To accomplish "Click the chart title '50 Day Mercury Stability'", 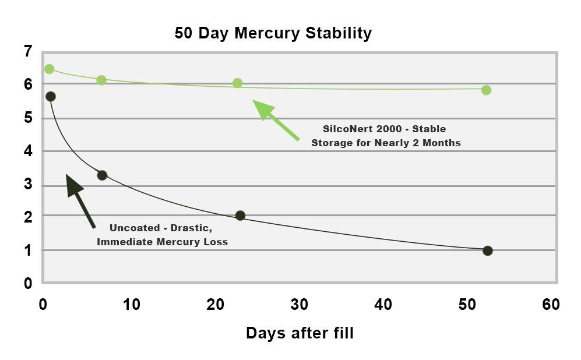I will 273,33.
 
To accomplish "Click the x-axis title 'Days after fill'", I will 300,333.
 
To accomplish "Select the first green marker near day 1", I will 50,69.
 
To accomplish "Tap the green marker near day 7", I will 101,80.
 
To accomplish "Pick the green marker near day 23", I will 237,83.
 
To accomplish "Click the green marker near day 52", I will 486,90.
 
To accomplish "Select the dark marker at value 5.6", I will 51,96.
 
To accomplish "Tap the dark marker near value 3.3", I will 102,175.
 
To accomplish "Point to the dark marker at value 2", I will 240,216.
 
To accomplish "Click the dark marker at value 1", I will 488,250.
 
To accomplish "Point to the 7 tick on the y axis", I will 28,51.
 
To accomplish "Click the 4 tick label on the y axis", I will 28,152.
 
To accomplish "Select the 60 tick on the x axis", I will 550,305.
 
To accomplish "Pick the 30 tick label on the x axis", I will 300,305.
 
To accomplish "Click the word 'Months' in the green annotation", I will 442,143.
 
